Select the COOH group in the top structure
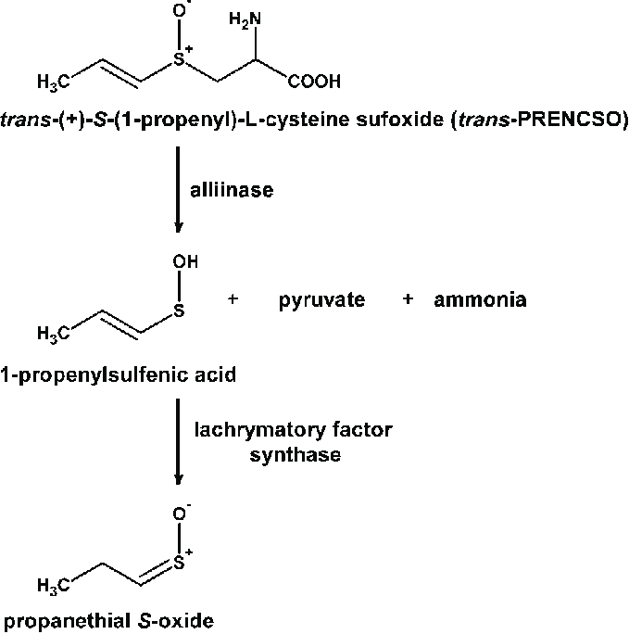click(314, 82)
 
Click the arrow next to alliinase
click(179, 194)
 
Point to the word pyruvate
click(321, 300)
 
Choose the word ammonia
click(480, 300)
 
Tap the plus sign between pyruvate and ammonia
click(408, 300)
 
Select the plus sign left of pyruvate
click(233, 300)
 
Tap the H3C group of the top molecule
click(54, 83)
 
